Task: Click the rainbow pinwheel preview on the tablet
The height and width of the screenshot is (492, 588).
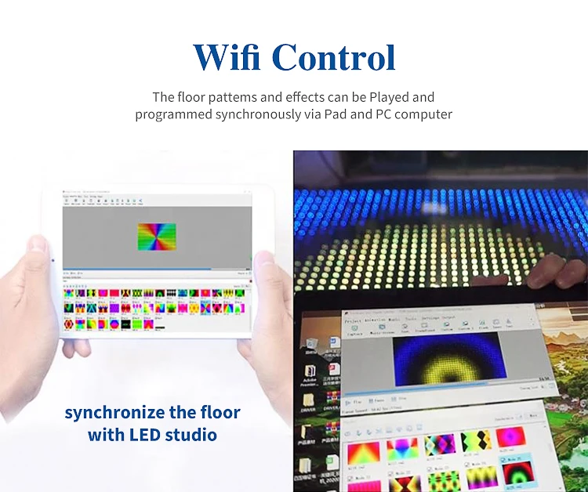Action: (x=157, y=237)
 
